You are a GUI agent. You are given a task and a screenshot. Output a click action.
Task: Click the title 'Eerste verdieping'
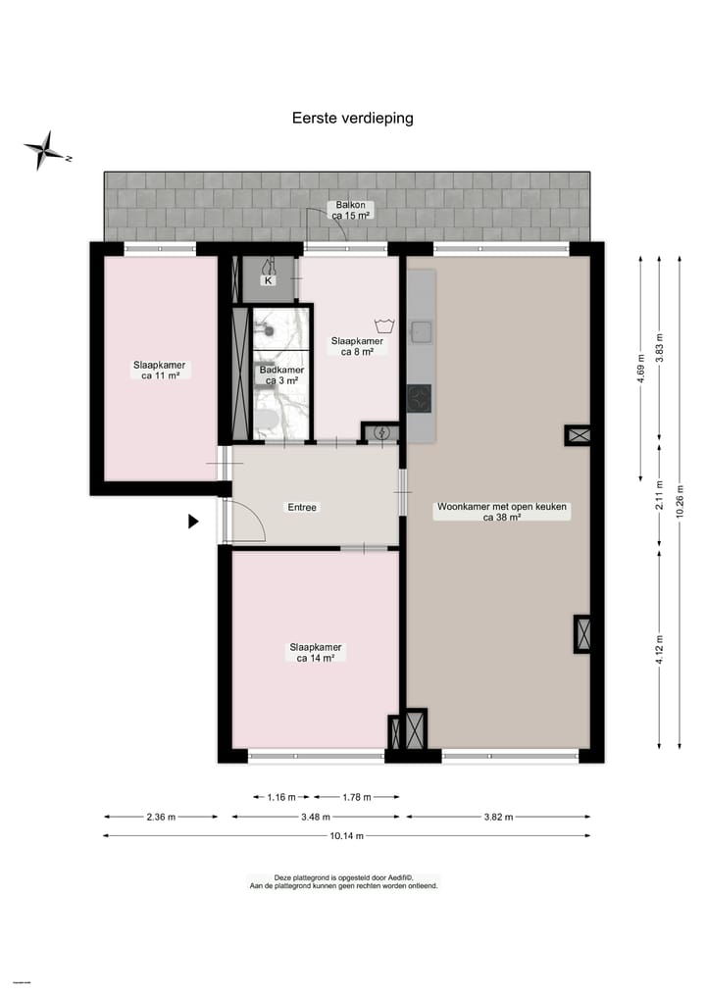click(352, 118)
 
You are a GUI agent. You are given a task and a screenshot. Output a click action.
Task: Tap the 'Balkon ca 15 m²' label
click(350, 210)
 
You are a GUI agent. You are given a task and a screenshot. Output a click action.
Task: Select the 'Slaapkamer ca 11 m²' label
click(159, 370)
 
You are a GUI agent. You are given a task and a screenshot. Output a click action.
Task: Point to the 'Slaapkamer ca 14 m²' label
click(315, 653)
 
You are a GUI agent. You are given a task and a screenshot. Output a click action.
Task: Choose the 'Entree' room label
click(301, 507)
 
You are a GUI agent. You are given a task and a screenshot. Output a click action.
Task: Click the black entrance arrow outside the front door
click(193, 523)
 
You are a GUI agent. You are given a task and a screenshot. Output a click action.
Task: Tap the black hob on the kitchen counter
click(420, 398)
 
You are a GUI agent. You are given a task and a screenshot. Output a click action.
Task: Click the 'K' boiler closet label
click(267, 280)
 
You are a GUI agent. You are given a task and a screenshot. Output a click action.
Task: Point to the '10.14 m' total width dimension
click(346, 836)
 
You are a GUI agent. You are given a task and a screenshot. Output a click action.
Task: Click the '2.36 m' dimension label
click(161, 817)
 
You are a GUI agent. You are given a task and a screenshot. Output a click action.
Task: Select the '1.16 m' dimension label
click(280, 797)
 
